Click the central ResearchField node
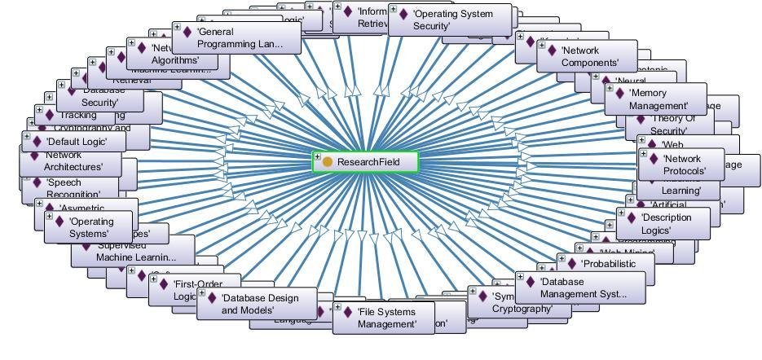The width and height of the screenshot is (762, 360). pyautogui.click(x=368, y=162)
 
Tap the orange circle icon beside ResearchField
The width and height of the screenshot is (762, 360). pyautogui.click(x=328, y=162)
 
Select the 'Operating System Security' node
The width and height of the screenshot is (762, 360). pyautogui.click(x=453, y=20)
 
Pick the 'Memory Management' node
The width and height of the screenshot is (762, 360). pyautogui.click(x=658, y=99)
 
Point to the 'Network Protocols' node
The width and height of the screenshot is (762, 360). pyautogui.click(x=683, y=165)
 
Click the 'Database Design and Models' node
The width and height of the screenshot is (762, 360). pyautogui.click(x=258, y=304)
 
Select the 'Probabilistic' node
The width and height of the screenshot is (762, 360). pyautogui.click(x=607, y=264)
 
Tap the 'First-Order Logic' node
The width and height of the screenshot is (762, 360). pyautogui.click(x=192, y=290)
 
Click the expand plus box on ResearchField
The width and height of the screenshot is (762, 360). pyautogui.click(x=317, y=156)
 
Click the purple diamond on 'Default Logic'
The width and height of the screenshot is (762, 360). pyautogui.click(x=37, y=142)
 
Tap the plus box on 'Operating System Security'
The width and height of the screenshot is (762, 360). pyautogui.click(x=393, y=10)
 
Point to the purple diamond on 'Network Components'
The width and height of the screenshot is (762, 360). pyautogui.click(x=552, y=51)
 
